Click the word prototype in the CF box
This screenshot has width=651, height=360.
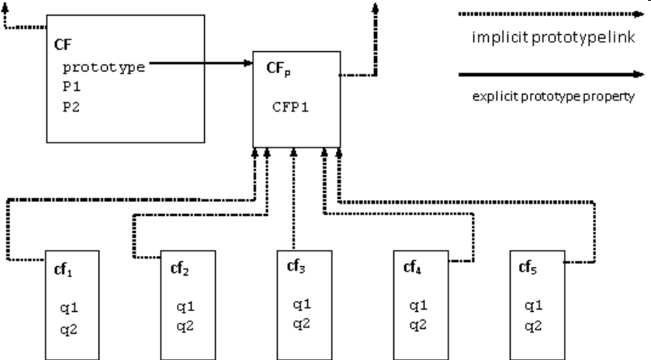[x=104, y=67]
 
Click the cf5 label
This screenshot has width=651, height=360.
[x=528, y=269]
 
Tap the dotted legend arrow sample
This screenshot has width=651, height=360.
[x=551, y=13]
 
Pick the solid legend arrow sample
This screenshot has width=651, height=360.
[x=551, y=74]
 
